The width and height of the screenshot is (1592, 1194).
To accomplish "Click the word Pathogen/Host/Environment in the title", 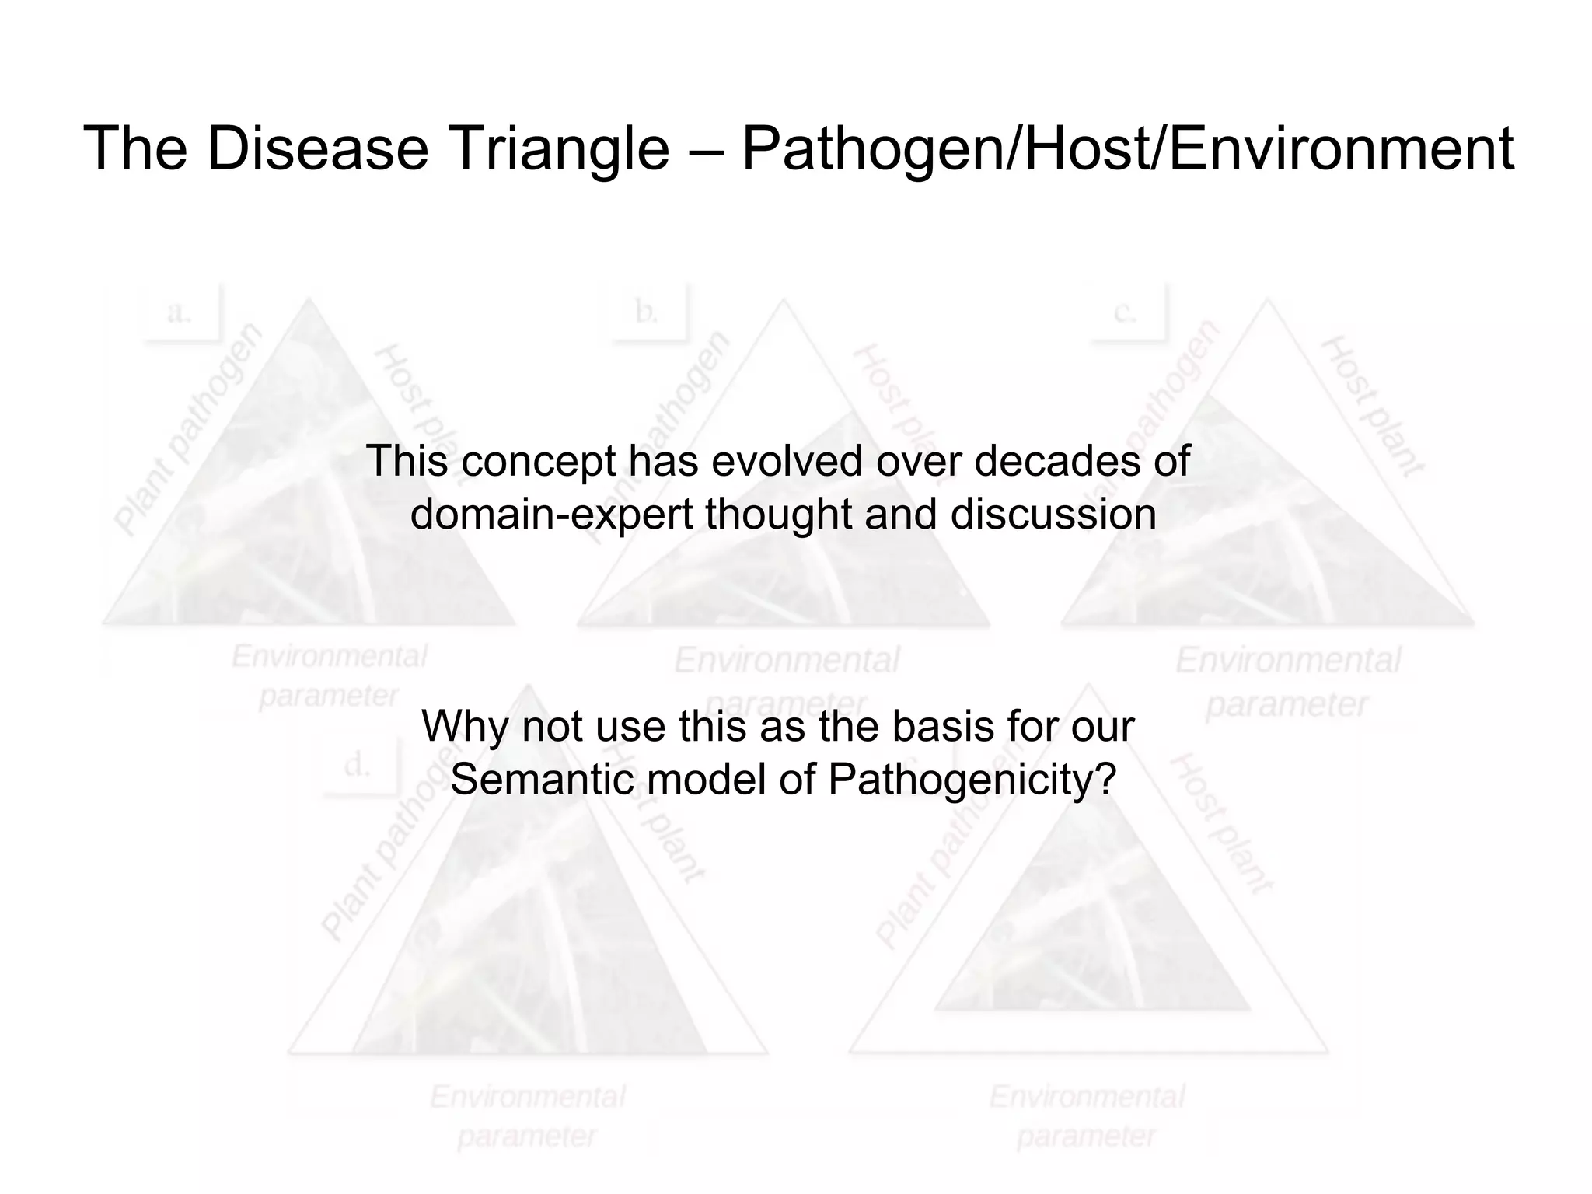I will [x=1127, y=148].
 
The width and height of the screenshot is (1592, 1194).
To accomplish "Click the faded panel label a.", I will [x=180, y=312].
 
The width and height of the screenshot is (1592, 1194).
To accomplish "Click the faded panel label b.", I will [x=647, y=312].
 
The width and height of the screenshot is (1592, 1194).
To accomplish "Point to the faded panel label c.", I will [x=1125, y=312].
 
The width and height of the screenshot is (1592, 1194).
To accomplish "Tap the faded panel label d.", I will [x=358, y=766].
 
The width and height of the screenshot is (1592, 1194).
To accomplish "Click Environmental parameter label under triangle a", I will [x=329, y=676].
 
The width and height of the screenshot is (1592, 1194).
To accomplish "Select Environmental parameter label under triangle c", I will [x=1287, y=682].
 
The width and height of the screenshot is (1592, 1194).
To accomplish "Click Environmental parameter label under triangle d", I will [x=528, y=1116].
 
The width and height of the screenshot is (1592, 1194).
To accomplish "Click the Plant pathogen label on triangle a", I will [x=188, y=429].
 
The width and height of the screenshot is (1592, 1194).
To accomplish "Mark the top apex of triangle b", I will [x=784, y=301].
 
